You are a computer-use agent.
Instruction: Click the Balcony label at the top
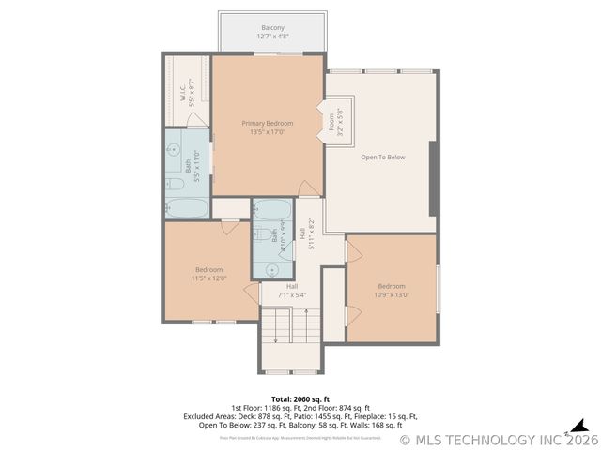pyautogui.click(x=273, y=28)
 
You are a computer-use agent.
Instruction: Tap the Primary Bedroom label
pyautogui.click(x=267, y=124)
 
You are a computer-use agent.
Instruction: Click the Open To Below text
pyautogui.click(x=383, y=157)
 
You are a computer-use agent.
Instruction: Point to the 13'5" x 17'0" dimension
pyautogui.click(x=267, y=132)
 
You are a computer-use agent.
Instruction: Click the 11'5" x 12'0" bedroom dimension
pyautogui.click(x=209, y=277)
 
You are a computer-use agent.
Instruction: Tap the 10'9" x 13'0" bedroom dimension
pyautogui.click(x=392, y=294)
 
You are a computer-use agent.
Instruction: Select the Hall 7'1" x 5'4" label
pyautogui.click(x=292, y=291)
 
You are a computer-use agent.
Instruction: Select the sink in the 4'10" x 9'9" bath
pyautogui.click(x=272, y=268)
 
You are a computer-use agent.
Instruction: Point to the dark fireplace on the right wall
pyautogui.click(x=433, y=178)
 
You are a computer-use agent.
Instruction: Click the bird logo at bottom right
pyautogui.click(x=579, y=427)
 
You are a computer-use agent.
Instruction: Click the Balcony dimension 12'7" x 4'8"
pyautogui.click(x=273, y=37)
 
